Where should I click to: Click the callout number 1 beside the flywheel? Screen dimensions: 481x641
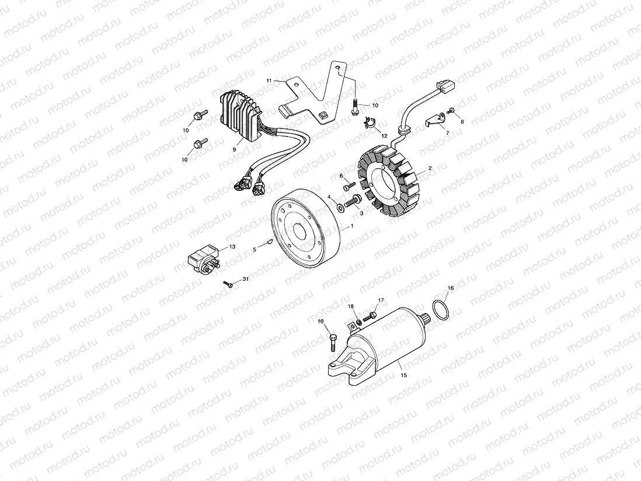click(351, 226)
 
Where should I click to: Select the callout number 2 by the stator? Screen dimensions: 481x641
click(430, 168)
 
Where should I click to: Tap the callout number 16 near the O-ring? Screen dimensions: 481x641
click(450, 288)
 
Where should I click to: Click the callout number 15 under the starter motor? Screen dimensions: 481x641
click(403, 375)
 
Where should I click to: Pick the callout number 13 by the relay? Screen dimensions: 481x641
click(232, 247)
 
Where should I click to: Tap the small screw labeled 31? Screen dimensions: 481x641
click(228, 284)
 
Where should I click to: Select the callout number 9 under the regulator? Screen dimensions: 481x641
click(234, 149)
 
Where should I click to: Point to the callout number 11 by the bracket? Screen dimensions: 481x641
click(269, 80)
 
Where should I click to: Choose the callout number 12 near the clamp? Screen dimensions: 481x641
click(384, 135)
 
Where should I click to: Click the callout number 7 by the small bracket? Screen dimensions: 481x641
click(448, 133)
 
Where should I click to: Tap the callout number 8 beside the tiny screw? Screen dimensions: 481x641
click(462, 122)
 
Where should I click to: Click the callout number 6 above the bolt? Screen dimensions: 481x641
click(342, 175)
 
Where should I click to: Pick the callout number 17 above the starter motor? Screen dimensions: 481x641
click(381, 301)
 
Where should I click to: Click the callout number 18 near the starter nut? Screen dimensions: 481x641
click(351, 306)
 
